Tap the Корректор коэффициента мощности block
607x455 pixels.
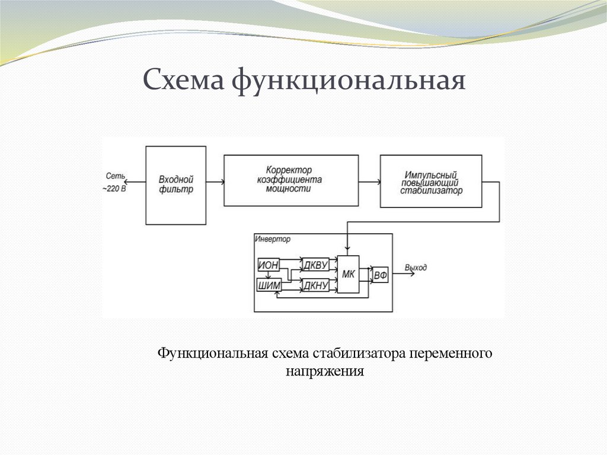coord(290,180)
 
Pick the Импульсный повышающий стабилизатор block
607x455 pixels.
coord(431,181)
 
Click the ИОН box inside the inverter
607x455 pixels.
coord(269,265)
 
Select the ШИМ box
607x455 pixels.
coord(269,286)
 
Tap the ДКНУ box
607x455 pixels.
coord(315,286)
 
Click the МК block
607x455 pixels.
coord(349,274)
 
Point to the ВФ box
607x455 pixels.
coord(380,275)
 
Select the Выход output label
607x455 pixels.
coord(416,268)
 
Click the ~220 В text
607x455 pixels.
coord(114,188)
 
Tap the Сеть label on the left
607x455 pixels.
coord(115,176)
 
